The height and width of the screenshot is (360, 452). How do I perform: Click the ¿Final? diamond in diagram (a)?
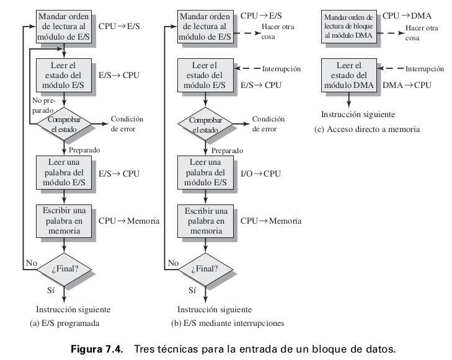(x=64, y=268)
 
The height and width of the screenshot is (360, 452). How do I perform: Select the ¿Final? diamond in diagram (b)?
(x=206, y=268)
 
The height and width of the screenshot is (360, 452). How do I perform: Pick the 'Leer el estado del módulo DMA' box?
(x=347, y=76)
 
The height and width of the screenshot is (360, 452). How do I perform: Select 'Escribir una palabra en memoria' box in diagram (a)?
(x=64, y=220)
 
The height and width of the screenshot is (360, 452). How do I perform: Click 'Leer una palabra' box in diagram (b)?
(x=206, y=172)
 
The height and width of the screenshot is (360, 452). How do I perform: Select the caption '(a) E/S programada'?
(x=64, y=323)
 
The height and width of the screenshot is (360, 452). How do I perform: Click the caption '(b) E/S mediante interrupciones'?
(x=227, y=323)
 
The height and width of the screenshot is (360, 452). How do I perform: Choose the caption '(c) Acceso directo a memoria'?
(x=368, y=130)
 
